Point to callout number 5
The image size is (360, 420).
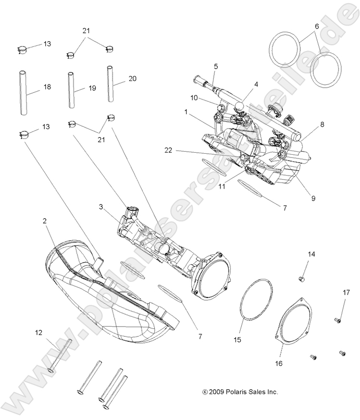coord(215,66)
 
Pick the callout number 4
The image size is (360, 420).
coord(256,84)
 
